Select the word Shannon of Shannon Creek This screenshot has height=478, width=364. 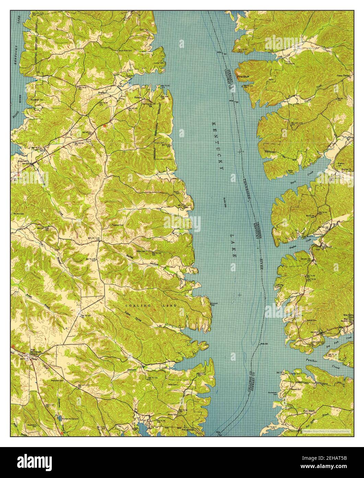tap(132, 369)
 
